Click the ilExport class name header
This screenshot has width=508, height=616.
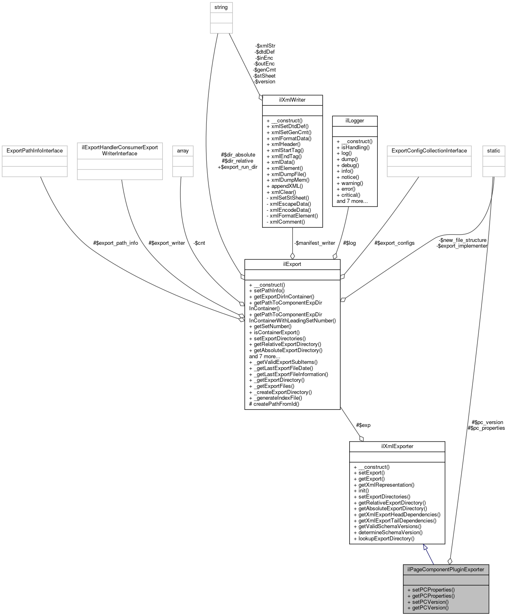point(292,264)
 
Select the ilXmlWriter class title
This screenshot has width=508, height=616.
point(292,100)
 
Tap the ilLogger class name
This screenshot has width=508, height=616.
point(355,121)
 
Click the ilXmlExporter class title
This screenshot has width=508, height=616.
point(397,446)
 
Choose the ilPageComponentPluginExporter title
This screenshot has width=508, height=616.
point(446,569)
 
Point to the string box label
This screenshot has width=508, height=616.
point(221,7)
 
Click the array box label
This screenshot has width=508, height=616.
point(183,151)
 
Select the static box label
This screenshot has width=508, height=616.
point(493,151)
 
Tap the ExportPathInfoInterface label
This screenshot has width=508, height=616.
point(35,151)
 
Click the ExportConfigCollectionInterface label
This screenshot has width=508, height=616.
point(429,151)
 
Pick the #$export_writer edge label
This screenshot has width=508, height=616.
point(166,243)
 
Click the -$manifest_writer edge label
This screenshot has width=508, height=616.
point(314,243)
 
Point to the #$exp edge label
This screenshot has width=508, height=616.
point(363,425)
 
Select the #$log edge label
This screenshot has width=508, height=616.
point(349,243)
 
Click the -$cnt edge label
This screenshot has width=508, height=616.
point(199,243)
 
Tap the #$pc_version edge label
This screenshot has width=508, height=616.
point(487,422)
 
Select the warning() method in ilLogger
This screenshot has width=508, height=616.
point(352,183)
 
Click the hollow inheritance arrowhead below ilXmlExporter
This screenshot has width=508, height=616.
point(425,548)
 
